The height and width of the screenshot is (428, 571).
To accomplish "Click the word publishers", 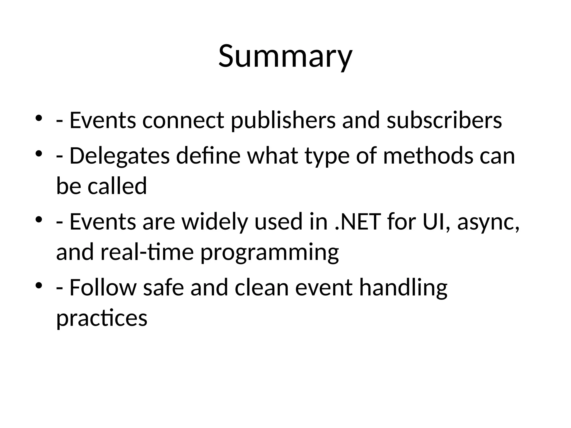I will (283, 120).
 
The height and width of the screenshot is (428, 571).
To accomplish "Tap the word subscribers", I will (444, 120).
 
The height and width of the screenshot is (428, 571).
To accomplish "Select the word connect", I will (183, 120).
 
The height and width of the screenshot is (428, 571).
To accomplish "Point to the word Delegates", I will (119, 156).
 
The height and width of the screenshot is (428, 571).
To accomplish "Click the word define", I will (208, 156).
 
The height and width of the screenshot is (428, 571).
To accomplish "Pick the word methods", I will (428, 156).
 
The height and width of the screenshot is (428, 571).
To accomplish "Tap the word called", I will (117, 186).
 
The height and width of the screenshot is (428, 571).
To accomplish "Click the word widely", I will (215, 222).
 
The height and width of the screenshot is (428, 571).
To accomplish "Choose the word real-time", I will (147, 252).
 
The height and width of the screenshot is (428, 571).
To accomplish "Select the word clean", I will (262, 288).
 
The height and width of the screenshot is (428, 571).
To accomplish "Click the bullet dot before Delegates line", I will (39, 153).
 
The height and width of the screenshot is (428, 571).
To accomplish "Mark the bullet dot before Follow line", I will (39, 285).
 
